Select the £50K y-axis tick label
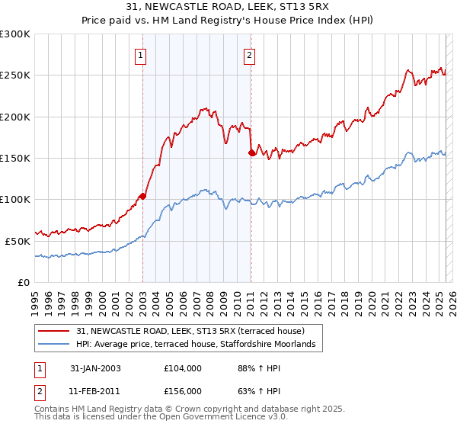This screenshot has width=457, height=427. [18, 240]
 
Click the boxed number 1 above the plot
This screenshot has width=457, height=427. [142, 55]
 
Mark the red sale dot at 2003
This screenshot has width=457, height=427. [142, 196]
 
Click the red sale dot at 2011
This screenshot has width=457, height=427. [251, 153]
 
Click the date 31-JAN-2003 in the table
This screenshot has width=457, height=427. [95, 368]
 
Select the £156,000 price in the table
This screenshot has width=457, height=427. [182, 390]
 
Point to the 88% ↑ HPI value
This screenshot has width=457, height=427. [251, 368]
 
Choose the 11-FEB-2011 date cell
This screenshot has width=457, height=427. [95, 390]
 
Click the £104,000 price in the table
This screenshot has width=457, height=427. [182, 368]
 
